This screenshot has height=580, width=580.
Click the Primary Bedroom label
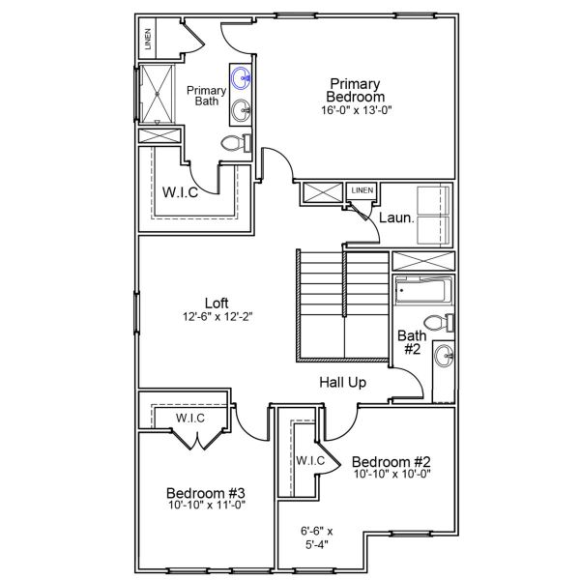pyautogui.click(x=355, y=90)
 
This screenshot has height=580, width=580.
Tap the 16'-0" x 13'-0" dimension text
pyautogui.click(x=355, y=110)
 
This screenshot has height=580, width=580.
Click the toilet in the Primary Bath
pyautogui.click(x=234, y=144)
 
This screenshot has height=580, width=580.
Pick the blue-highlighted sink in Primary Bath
pyautogui.click(x=241, y=77)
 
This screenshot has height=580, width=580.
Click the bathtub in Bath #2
pyautogui.click(x=423, y=290)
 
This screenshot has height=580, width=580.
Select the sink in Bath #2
pyautogui.click(x=445, y=356)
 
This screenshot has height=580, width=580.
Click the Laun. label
pyautogui.click(x=395, y=218)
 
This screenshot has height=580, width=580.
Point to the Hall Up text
pyautogui.click(x=343, y=383)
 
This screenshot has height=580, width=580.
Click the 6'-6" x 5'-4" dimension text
pyautogui.click(x=316, y=537)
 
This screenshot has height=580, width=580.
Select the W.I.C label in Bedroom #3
pyautogui.click(x=188, y=418)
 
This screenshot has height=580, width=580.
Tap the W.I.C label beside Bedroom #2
pyautogui.click(x=309, y=459)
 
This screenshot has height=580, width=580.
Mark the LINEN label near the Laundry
pyautogui.click(x=362, y=190)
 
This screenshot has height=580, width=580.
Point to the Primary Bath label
pyautogui.click(x=207, y=96)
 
